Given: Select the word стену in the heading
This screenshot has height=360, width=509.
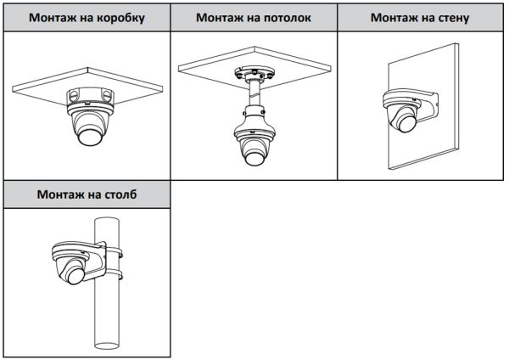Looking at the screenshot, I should coord(450,17).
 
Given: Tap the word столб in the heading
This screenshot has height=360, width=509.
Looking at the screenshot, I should coord(116,194).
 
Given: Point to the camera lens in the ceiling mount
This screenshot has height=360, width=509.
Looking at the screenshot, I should coord(254,155).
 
